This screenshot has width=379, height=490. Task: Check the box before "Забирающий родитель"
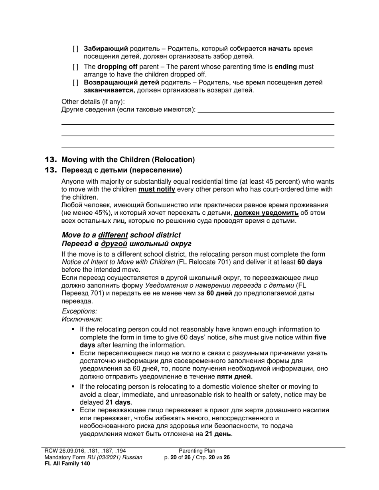tap(75, 49)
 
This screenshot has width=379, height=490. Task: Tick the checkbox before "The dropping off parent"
tap(75, 67)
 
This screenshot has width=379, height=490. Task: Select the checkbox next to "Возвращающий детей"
tap(75, 83)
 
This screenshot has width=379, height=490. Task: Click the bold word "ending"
tap(286, 67)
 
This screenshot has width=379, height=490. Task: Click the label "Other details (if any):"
tap(93, 102)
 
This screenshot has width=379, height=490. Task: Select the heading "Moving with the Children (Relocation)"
tap(128, 160)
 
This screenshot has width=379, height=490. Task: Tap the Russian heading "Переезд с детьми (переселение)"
tap(122, 171)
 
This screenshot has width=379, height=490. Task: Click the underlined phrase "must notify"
tap(157, 190)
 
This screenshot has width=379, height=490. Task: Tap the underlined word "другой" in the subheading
tap(114, 244)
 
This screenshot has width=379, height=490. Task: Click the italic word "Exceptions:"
tap(79, 312)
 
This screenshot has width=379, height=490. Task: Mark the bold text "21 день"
tap(218, 433)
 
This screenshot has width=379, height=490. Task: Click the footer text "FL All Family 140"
tap(67, 463)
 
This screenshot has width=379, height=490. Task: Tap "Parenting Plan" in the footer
tap(197, 451)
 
